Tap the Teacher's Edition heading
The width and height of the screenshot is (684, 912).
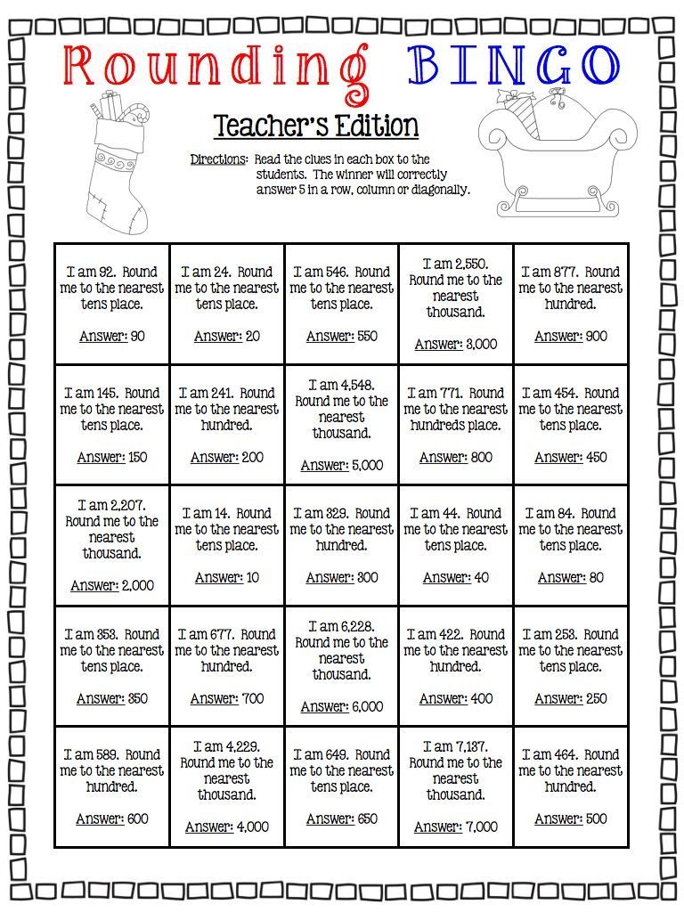316,126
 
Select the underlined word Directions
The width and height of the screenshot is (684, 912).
218,159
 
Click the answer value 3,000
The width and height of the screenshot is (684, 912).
481,344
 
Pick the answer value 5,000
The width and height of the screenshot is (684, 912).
367,465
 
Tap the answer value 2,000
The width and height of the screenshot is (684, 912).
138,586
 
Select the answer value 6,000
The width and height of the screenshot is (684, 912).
367,706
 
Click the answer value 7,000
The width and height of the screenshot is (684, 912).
482,826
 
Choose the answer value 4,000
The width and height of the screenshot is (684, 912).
252,826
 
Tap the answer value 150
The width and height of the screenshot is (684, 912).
137,457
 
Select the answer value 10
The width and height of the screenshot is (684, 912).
253,577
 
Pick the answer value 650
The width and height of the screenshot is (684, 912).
366,818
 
